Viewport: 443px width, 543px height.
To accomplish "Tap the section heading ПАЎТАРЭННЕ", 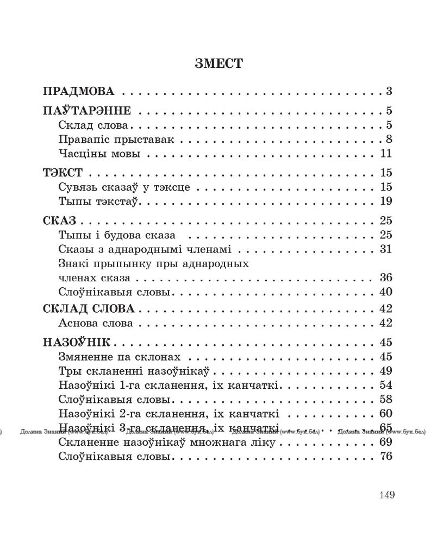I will (86, 111).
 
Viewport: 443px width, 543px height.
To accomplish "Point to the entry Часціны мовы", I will (98, 154).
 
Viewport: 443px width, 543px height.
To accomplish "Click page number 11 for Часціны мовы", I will (386, 154).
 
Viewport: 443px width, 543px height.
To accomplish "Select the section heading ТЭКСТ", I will (62, 174).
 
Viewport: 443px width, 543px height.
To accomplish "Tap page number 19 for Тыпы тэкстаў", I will (386, 202).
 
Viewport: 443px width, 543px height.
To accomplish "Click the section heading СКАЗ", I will (59, 222).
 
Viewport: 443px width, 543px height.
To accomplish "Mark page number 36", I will (386, 278).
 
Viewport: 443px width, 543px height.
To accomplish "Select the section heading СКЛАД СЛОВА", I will (88, 309).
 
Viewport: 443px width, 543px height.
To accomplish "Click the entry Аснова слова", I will (95, 324).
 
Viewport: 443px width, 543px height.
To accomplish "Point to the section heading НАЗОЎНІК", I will (76, 343).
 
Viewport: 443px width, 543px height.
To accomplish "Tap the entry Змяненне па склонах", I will (118, 357).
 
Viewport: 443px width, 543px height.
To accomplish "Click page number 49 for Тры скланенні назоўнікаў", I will (386, 371).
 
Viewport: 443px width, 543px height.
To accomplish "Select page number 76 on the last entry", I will (386, 457).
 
